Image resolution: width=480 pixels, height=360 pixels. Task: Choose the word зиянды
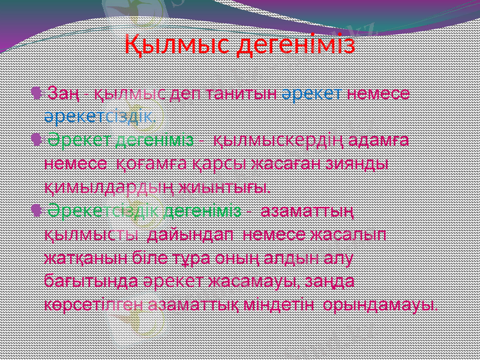359,163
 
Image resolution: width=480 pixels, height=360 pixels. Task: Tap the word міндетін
281,304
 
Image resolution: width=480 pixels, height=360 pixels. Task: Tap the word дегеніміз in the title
298,44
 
